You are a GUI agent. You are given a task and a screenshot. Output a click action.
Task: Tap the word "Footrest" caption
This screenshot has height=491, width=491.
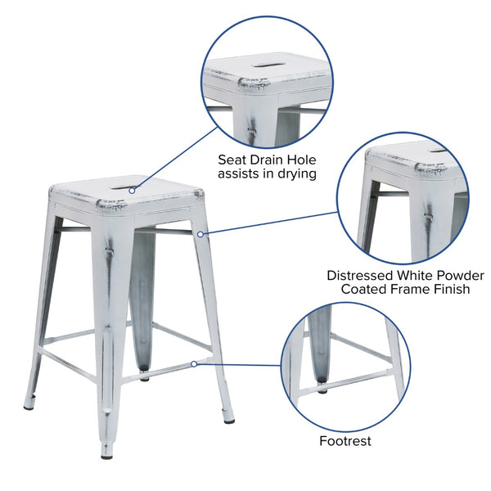coord(345,441)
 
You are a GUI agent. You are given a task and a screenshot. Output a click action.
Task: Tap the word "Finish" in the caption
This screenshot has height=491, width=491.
coord(448,289)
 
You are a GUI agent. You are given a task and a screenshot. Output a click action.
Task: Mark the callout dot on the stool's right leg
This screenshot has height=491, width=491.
coord(200,234)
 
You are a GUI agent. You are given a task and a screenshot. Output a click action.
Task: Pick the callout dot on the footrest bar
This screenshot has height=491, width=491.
coord(194,363)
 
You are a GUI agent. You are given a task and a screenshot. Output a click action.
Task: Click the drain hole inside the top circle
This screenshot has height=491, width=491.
coord(266,64)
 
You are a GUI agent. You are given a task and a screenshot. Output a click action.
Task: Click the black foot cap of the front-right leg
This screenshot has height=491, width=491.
coord(229,420)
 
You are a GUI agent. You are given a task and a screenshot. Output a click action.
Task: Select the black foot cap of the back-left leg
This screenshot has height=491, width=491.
coord(29,405)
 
